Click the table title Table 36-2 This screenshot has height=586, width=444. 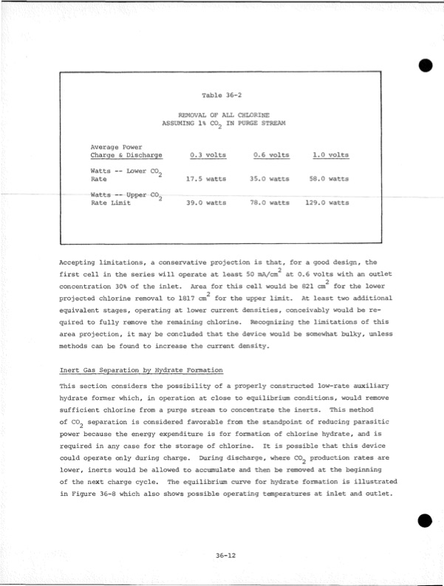(x=222, y=95)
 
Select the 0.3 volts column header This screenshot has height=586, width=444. (x=208, y=155)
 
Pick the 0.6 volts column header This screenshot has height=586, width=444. (x=271, y=155)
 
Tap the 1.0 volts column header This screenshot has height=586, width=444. (x=331, y=155)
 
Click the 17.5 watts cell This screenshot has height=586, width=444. (x=206, y=179)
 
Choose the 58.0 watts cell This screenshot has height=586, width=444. (x=329, y=179)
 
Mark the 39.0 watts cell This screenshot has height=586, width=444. (x=206, y=202)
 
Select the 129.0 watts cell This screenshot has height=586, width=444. (x=327, y=202)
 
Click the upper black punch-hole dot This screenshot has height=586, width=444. (x=426, y=64)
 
